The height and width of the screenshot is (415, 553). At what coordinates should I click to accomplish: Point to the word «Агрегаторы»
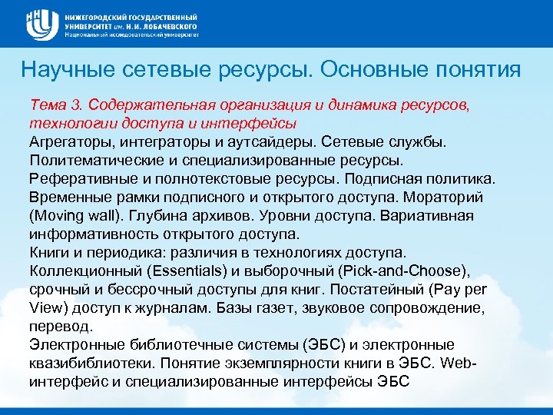click(65, 142)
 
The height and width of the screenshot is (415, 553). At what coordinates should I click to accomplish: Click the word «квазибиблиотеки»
click(85, 364)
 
